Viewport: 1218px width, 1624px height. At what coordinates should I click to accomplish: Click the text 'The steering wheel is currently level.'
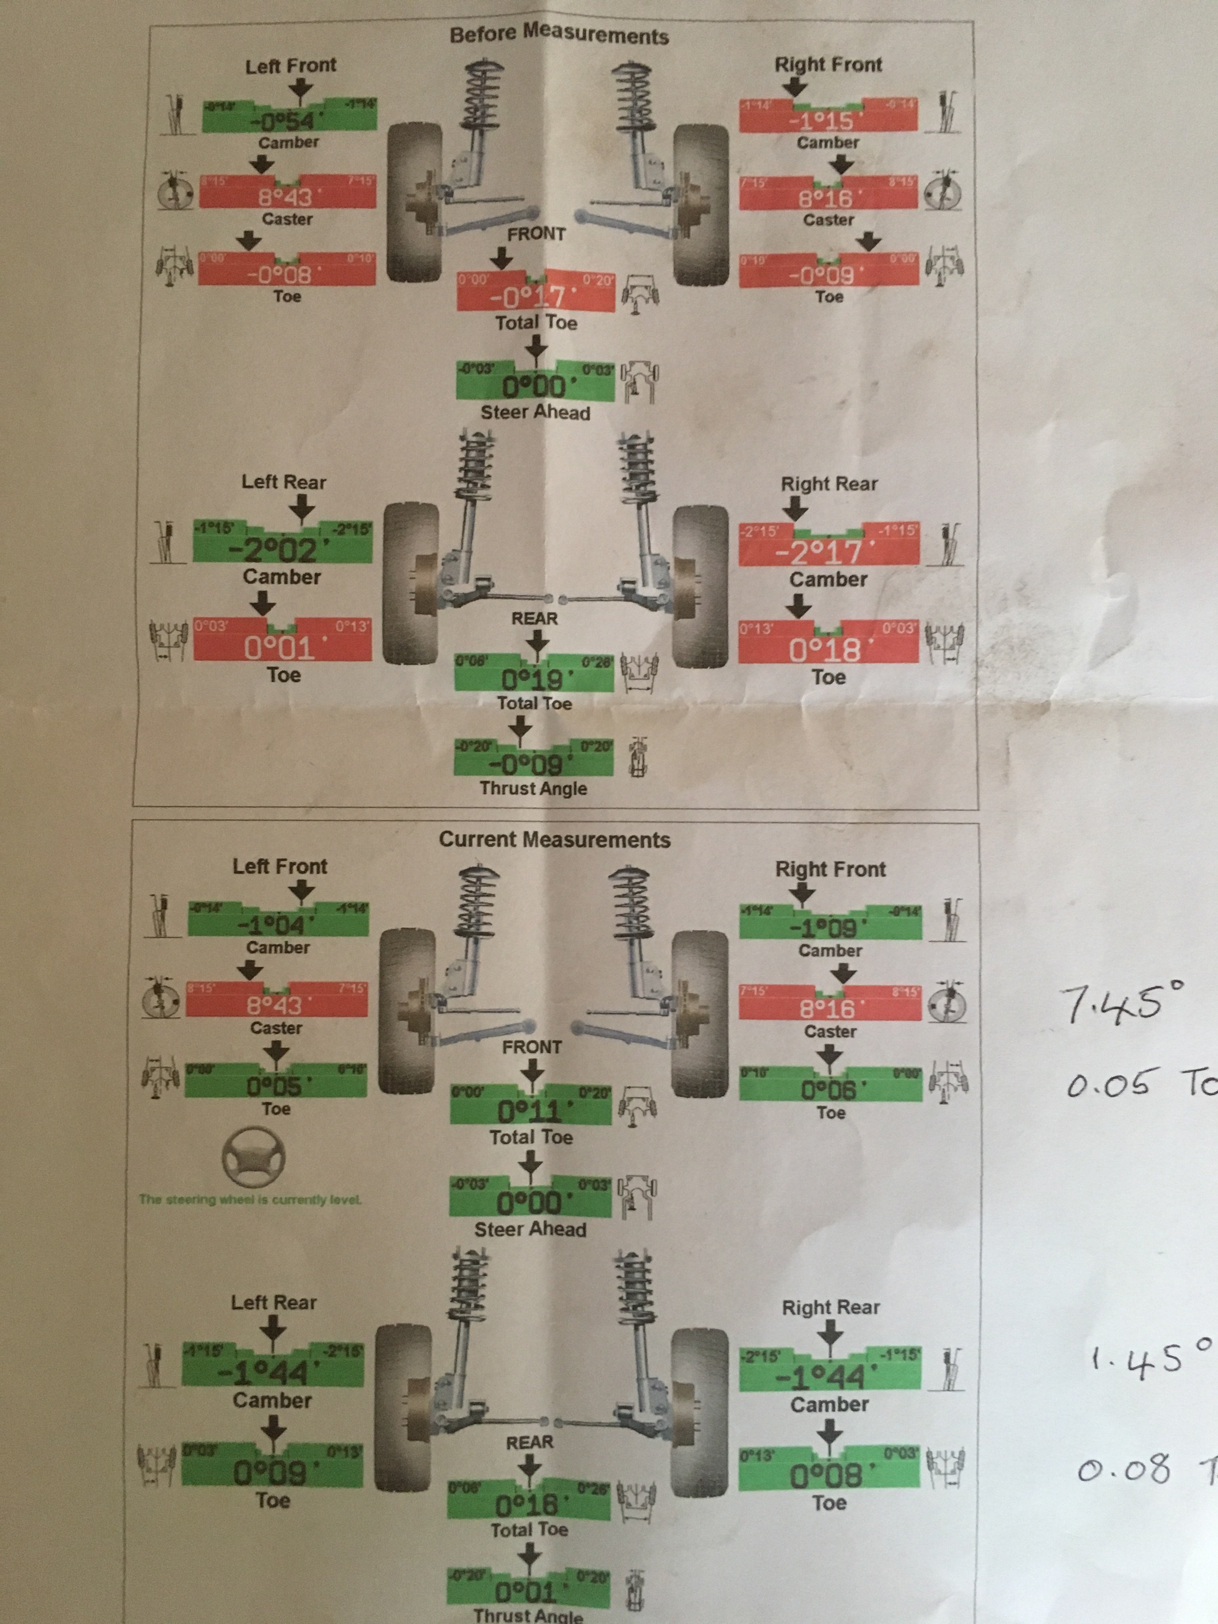pyautogui.click(x=251, y=1199)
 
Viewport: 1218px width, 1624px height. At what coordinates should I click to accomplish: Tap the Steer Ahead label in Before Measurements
pyautogui.click(x=535, y=412)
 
